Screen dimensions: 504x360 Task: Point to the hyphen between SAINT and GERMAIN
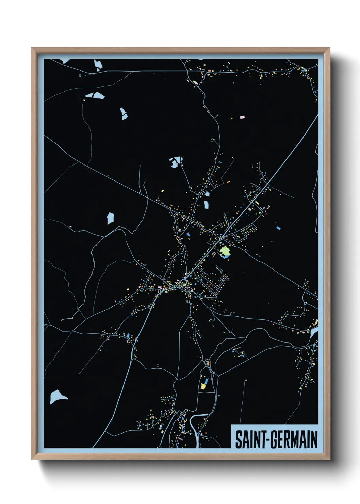pos(267,440)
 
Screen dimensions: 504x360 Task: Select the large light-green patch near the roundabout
pos(225,251)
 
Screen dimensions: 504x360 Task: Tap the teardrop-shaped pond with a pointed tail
pos(57,397)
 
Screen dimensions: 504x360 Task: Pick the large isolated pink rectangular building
pos(242,117)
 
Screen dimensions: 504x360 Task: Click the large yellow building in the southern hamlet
pos(203,386)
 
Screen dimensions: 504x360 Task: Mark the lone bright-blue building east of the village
pos(279,228)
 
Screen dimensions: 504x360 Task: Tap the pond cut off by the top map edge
pos(65,61)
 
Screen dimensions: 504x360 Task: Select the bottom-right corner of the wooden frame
pos(329,459)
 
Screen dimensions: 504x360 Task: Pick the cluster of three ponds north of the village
pos(176,162)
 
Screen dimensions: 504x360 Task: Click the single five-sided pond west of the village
pos(110,218)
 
